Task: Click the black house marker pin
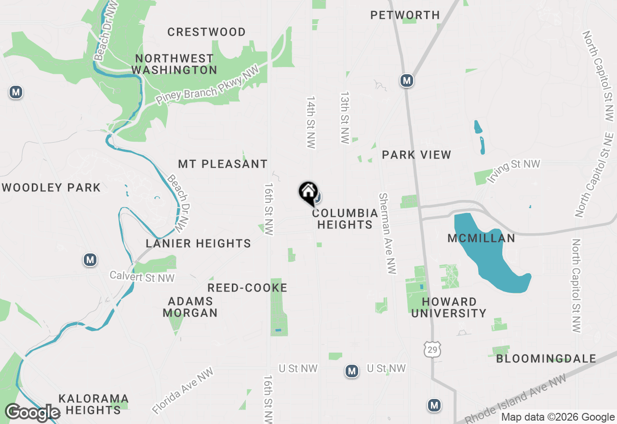tap(308, 192)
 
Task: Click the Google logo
tap(32, 413)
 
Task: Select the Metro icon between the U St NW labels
tap(352, 371)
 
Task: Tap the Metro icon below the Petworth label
tap(407, 80)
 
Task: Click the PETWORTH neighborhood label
tap(405, 15)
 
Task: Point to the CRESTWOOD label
tap(206, 32)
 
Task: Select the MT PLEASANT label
tap(223, 164)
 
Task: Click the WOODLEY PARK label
tap(52, 187)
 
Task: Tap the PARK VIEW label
tap(416, 155)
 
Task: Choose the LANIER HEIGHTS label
tap(198, 243)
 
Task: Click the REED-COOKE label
tap(247, 288)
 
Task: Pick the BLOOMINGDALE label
tap(546, 359)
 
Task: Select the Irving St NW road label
tap(513, 171)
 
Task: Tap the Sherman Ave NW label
tap(387, 234)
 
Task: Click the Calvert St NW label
tap(142, 277)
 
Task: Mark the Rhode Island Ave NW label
tap(518, 397)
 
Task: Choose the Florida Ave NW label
tap(183, 392)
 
